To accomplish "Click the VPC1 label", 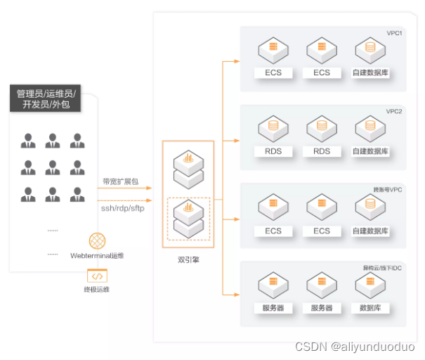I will [394, 33].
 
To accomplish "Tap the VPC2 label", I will [394, 111].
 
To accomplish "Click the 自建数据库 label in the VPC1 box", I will [370, 73].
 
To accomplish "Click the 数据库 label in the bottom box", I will [370, 308].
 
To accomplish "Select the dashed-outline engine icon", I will [188, 219].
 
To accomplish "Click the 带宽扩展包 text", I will [120, 181].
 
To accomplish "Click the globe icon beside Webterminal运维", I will [97, 240].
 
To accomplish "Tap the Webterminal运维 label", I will [97, 255].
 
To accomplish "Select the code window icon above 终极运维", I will [97, 276].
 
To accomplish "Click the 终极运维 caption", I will [97, 290].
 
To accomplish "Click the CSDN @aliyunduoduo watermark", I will [355, 347].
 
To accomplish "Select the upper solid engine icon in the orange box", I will [188, 167].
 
